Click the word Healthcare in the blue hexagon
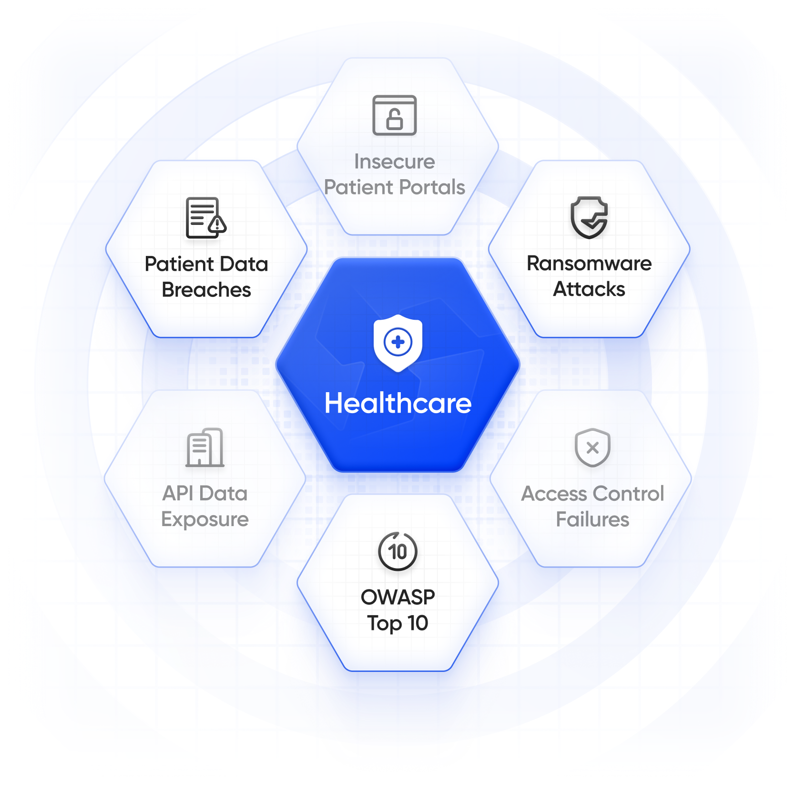tap(398, 403)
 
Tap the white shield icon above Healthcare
tap(398, 343)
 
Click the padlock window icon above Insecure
tap(395, 115)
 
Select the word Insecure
tap(395, 162)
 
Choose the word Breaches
tap(206, 290)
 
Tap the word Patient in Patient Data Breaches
tap(179, 264)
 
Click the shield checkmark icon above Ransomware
tap(590, 217)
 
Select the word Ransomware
tap(589, 264)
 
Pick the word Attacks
tap(589, 289)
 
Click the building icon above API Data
tap(205, 447)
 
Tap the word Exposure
tap(205, 519)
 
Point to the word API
tap(178, 494)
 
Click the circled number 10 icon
tap(398, 551)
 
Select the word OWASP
tap(398, 597)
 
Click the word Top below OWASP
tap(384, 623)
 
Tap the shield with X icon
tap(592, 447)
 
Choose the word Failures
tap(592, 519)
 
